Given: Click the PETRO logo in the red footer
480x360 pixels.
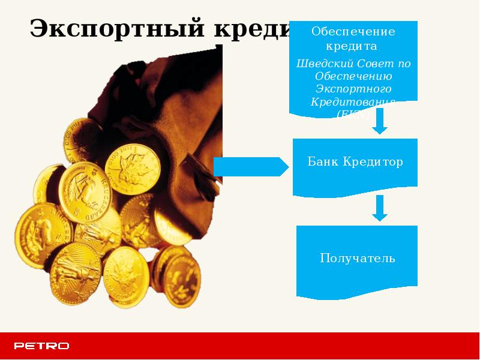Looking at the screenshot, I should [x=41, y=346].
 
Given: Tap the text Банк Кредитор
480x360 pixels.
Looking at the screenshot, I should [x=355, y=162].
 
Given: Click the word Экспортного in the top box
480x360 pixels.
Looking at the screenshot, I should [x=353, y=89].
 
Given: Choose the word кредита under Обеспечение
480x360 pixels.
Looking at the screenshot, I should [x=353, y=45].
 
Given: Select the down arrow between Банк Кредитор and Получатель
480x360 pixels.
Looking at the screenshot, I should [x=379, y=208].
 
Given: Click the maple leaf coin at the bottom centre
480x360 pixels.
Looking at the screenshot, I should [x=125, y=275].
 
